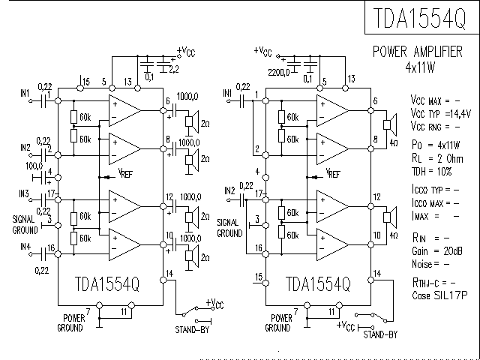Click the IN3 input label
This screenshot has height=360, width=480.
click(25, 193)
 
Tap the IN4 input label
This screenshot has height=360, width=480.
click(25, 246)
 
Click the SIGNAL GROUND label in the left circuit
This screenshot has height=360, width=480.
click(25, 223)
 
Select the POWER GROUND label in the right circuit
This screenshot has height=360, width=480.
click(277, 324)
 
